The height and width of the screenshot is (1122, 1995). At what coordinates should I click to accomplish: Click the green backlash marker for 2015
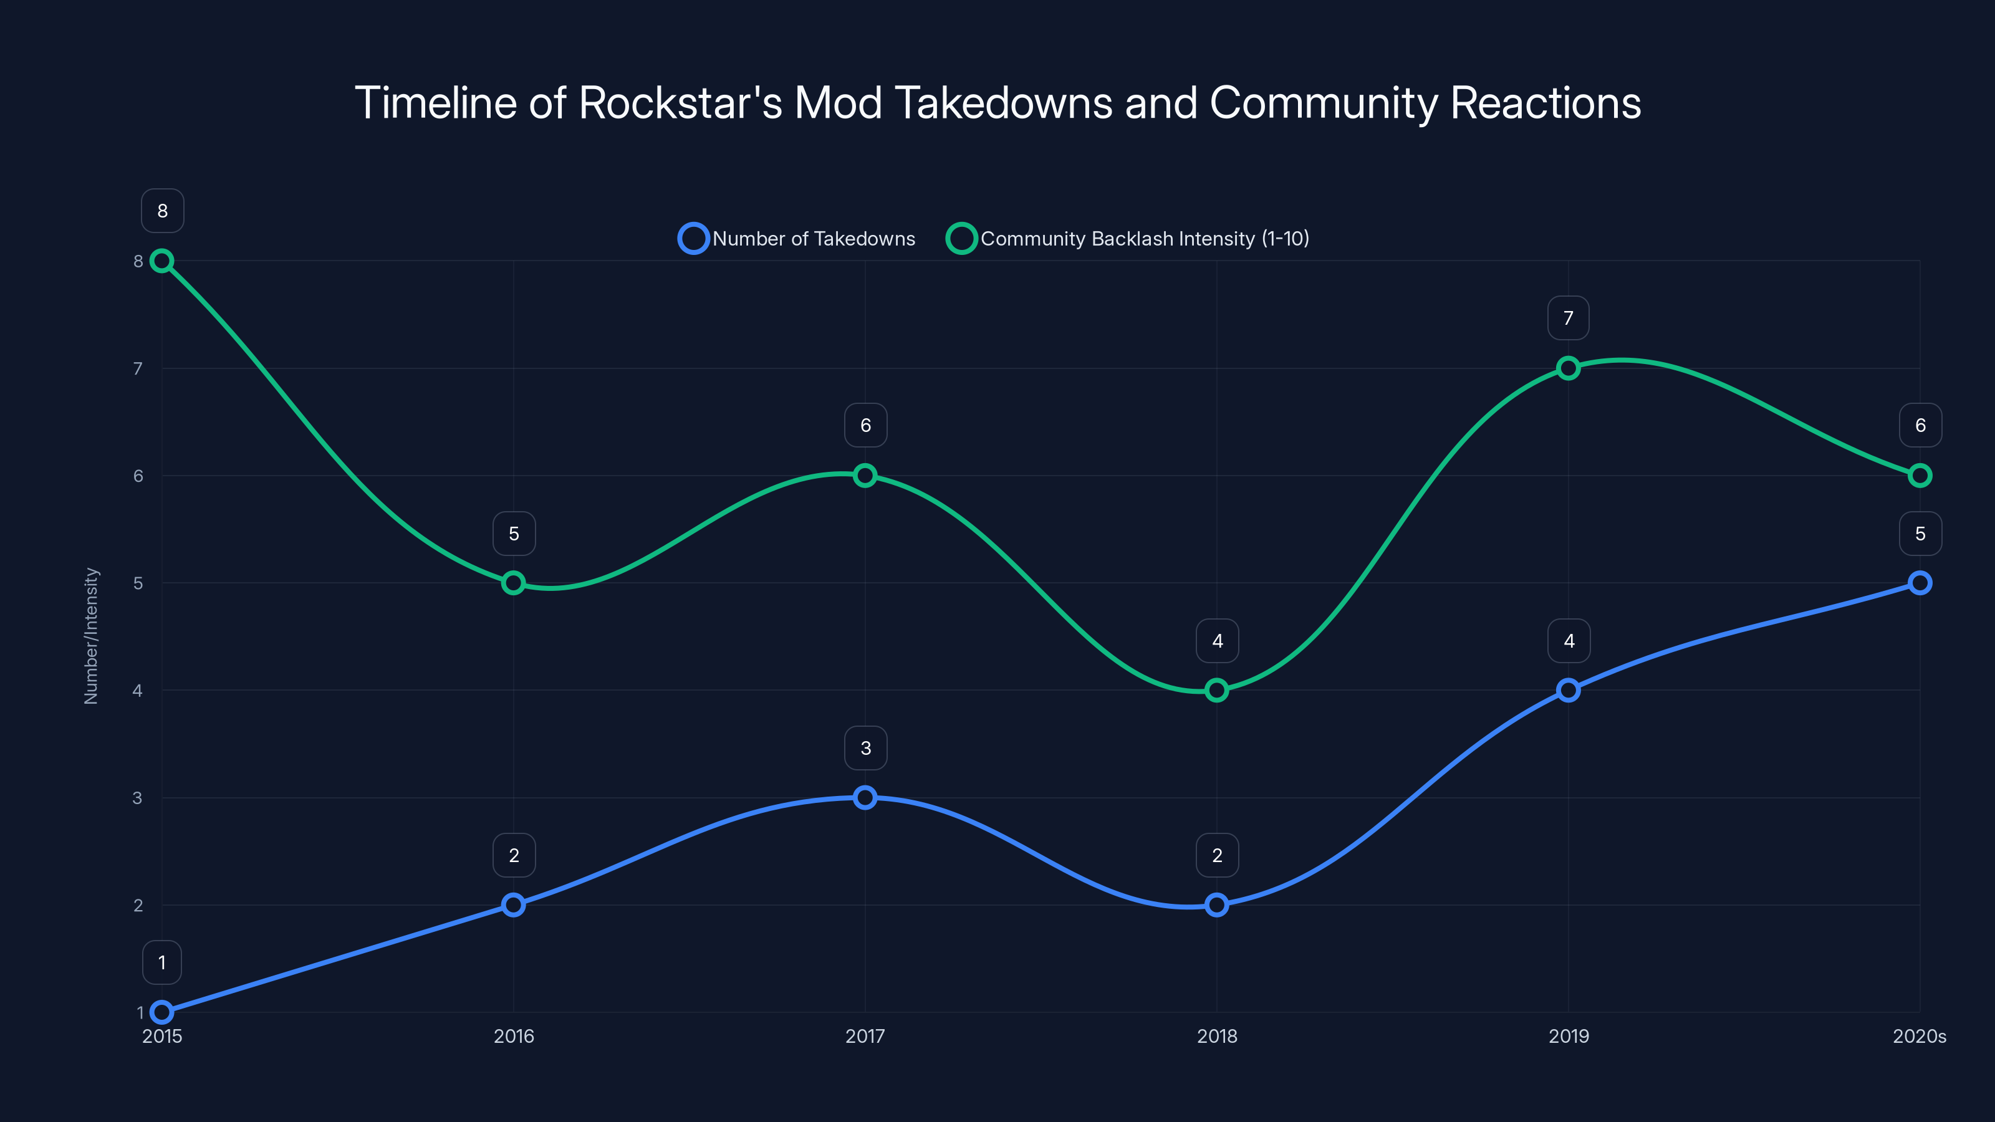coord(162,261)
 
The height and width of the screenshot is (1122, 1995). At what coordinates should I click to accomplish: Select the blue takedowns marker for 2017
coord(865,798)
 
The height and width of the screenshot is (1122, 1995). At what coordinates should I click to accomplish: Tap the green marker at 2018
coord(1217,690)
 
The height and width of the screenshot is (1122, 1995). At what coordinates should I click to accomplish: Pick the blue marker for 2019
coord(1569,690)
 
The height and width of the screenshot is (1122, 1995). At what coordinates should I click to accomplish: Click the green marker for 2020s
coord(1920,476)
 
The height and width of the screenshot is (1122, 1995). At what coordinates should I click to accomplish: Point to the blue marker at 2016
coord(514,904)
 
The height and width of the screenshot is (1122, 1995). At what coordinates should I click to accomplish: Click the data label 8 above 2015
coord(162,211)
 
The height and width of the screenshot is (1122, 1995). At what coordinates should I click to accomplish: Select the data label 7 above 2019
coord(1569,319)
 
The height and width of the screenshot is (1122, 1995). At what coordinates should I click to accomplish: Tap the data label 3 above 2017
coord(865,748)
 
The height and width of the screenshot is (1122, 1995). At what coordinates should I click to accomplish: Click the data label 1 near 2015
coord(162,962)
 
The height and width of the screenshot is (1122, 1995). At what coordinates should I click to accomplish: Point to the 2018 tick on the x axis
coord(1217,1036)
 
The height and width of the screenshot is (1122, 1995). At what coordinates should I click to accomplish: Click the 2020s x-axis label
coord(1919,1036)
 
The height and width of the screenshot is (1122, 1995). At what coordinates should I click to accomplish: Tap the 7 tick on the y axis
coord(138,368)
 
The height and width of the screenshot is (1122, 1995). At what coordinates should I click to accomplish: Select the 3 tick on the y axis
coord(138,798)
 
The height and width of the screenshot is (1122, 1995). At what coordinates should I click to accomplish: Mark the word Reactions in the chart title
coord(1545,103)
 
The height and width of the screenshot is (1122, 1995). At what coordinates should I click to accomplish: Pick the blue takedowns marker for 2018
coord(1217,904)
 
